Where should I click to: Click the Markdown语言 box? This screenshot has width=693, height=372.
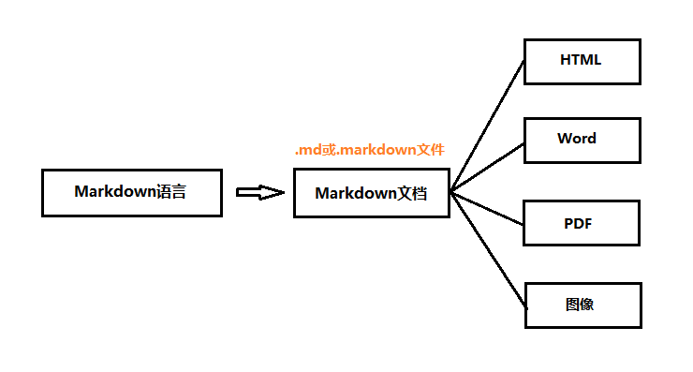pos(132,193)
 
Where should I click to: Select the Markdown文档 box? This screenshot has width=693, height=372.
pos(372,194)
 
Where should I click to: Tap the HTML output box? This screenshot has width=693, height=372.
pos(582,61)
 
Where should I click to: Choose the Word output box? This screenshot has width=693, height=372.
pos(582,140)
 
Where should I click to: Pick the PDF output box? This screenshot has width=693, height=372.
pos(582,223)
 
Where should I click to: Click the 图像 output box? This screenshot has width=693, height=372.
pos(582,305)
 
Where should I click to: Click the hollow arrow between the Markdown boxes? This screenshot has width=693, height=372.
pos(259,192)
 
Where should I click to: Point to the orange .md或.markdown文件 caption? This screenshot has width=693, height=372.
pos(369,150)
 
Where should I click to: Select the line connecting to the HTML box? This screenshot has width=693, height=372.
pos(487,127)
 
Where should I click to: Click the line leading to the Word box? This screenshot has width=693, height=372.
pos(487,169)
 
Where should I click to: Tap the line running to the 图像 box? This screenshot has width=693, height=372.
pos(487,249)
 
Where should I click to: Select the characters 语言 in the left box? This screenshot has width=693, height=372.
pos(172,192)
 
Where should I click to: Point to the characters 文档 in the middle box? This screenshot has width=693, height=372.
pos(413,194)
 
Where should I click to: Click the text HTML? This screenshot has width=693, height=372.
pos(581,60)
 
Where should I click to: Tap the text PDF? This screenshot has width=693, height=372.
pos(578,224)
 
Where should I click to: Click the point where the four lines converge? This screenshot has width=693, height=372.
pos(451,192)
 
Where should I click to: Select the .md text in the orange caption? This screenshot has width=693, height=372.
pos(307,150)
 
